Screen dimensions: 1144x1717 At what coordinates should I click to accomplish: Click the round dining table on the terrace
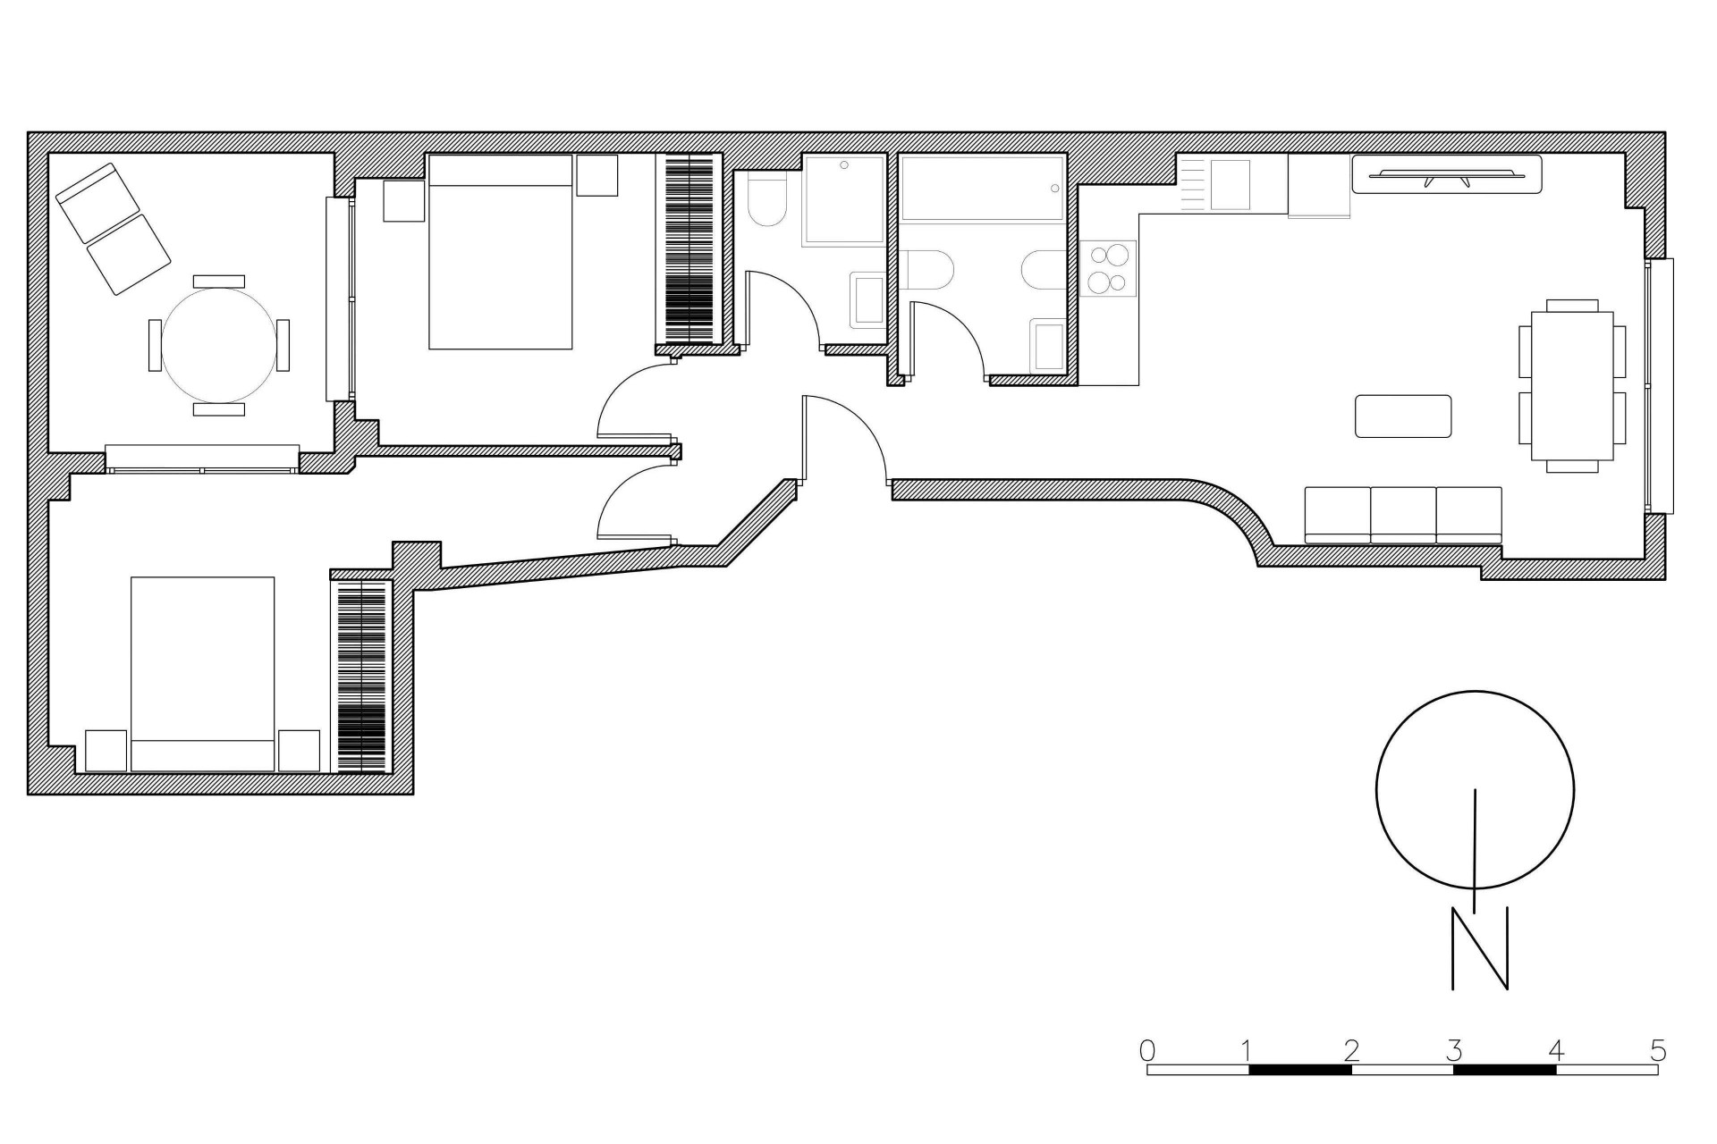pos(218,344)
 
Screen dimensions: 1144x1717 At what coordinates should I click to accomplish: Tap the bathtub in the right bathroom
pos(982,189)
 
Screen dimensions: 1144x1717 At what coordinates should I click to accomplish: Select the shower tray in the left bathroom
pos(843,199)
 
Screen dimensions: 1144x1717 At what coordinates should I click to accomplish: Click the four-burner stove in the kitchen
pos(1107,269)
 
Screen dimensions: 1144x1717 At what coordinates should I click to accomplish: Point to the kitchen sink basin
pos(1230,185)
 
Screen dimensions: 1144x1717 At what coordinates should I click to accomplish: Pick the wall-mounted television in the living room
pos(1446,174)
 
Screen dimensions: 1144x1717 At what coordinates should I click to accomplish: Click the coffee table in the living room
pos(1402,416)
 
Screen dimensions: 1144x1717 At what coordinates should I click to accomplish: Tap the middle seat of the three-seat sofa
pos(1403,514)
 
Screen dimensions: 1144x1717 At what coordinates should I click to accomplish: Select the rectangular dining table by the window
pos(1571,385)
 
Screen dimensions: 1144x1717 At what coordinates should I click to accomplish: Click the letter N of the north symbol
pos(1479,948)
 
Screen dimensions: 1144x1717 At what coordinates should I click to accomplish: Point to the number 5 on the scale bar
pos(1657,1049)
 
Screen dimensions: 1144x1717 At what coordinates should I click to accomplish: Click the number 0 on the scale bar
pos(1147,1049)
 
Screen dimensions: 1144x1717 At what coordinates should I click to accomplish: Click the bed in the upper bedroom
pos(500,251)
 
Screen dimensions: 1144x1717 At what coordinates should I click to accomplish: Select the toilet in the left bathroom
pos(765,201)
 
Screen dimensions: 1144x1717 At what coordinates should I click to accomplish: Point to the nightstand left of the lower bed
pos(106,751)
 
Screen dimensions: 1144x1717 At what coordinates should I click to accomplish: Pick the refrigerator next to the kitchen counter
pos(1318,185)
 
